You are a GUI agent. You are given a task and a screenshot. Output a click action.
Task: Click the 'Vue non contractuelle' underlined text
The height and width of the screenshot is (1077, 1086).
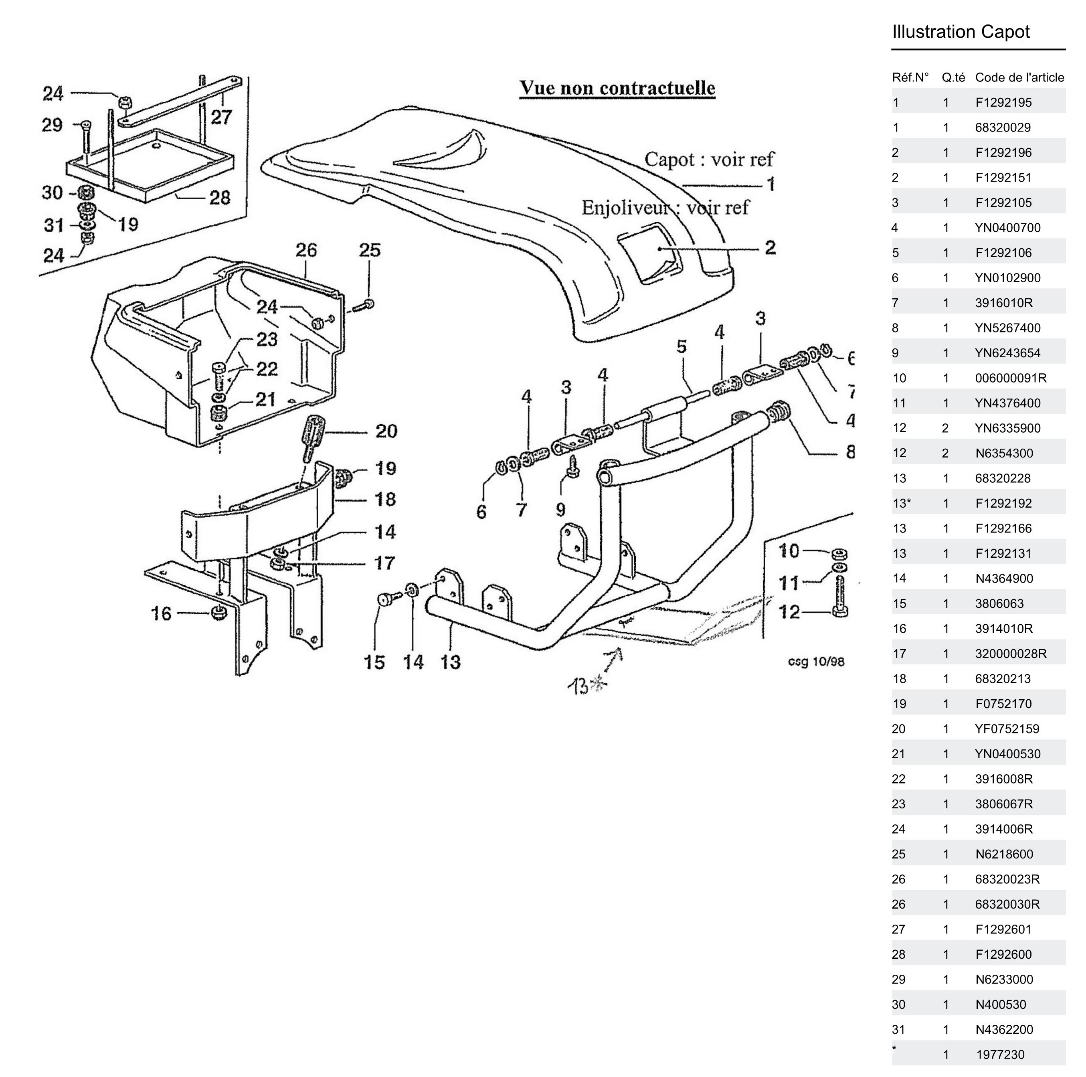click(x=617, y=88)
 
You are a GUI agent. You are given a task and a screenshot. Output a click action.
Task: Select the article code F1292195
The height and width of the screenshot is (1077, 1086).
click(x=1003, y=102)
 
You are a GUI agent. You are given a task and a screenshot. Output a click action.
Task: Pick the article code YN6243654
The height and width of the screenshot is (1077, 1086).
click(x=1007, y=353)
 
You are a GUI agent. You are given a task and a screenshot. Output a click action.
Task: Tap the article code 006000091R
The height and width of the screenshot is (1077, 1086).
click(x=1011, y=378)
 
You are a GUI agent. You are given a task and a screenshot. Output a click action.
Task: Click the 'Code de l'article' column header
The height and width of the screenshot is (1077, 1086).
click(x=1019, y=77)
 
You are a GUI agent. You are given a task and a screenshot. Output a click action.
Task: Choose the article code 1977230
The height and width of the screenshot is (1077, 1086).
click(x=1000, y=1055)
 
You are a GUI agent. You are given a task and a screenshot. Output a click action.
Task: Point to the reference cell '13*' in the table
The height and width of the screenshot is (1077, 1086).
click(x=901, y=504)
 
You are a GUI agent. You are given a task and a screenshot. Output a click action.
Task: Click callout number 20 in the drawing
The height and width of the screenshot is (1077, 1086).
click(x=386, y=431)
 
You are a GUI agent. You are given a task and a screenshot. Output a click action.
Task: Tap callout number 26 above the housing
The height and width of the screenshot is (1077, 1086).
click(x=306, y=250)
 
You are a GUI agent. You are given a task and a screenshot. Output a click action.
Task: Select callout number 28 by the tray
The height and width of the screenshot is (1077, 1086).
click(x=220, y=197)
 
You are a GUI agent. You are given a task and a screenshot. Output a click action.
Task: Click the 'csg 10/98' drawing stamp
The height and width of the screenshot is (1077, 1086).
click(x=816, y=662)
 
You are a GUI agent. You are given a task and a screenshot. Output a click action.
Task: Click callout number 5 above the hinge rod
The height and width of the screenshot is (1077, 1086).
click(x=681, y=347)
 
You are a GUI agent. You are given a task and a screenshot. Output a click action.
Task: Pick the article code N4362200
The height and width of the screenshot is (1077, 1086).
click(x=1004, y=1030)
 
